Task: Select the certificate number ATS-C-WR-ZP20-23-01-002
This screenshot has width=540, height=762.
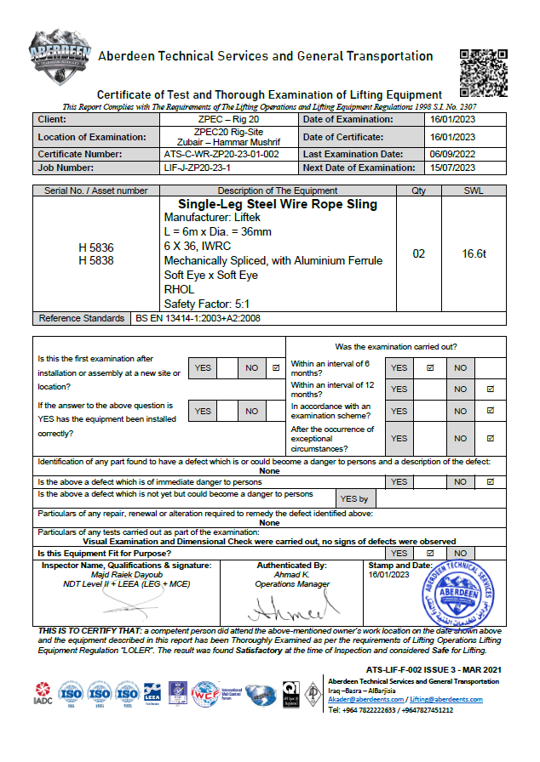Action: [x=231, y=155]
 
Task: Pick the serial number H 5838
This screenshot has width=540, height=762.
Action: [x=96, y=260]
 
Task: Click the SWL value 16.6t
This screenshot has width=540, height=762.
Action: [x=474, y=253]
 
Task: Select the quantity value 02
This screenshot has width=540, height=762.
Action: [x=419, y=253]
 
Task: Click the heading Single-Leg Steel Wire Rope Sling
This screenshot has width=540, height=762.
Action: [x=278, y=205]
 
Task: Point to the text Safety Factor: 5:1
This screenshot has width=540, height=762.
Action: [x=206, y=303]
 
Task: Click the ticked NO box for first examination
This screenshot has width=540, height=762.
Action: [x=275, y=368]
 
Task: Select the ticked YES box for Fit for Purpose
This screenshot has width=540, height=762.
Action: [x=430, y=553]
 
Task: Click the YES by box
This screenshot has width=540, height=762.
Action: [x=354, y=499]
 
